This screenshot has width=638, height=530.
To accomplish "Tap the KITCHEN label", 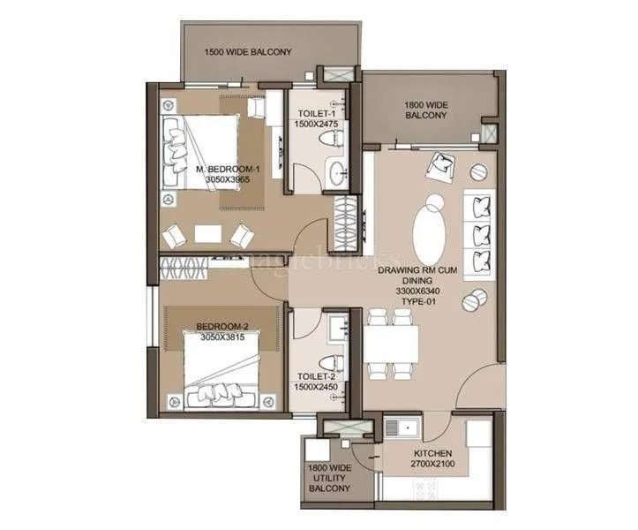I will click(x=432, y=450).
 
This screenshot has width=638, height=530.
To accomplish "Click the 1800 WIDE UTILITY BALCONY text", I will click(x=329, y=477).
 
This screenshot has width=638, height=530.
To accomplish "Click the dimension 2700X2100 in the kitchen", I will click(x=432, y=462).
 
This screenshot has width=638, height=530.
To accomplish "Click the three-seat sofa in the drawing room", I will click(x=479, y=233).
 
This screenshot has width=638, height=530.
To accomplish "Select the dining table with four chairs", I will click(x=388, y=341).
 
